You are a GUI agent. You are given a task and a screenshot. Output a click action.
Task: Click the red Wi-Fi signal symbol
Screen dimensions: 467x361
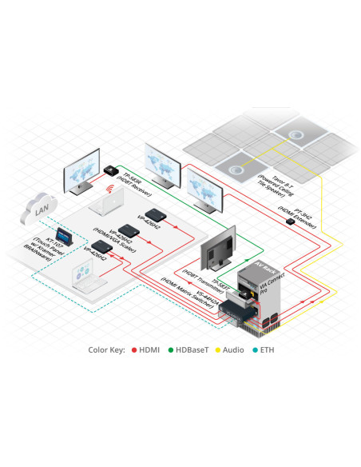tap(108, 190)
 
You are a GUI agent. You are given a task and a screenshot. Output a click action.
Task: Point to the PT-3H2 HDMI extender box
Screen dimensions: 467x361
tap(292, 222)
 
